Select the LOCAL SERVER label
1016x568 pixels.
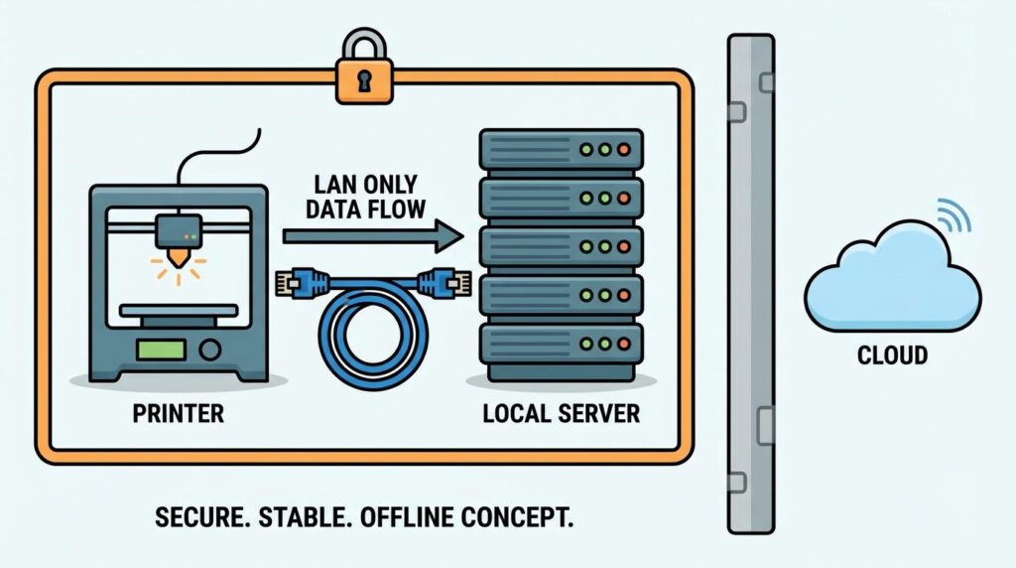pos(561,413)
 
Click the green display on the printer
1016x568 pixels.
pos(161,350)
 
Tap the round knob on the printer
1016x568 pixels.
pos(209,350)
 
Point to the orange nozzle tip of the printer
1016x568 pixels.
pos(181,257)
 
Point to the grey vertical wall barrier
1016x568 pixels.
pos(750,283)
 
